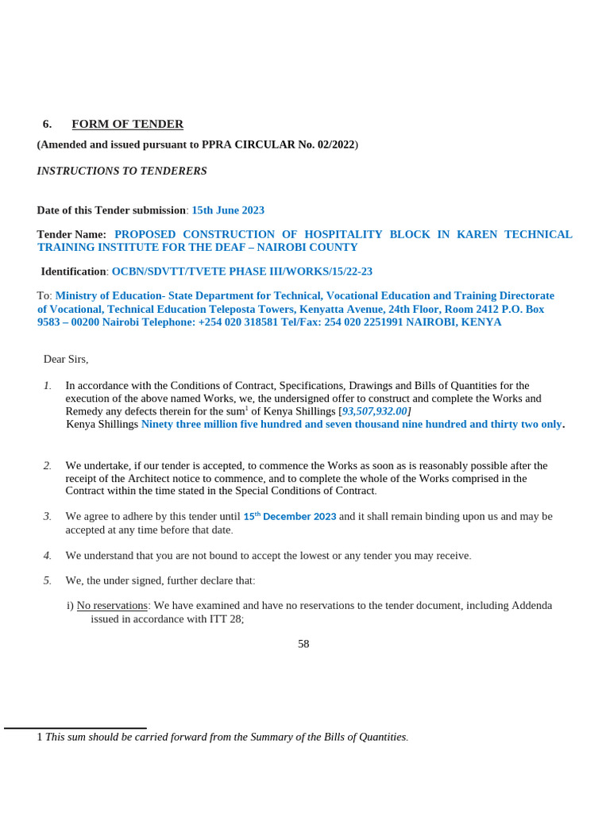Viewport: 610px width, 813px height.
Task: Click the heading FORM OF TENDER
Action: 127,125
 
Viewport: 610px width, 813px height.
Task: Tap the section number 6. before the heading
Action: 47,125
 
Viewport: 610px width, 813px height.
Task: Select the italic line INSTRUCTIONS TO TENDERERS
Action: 122,171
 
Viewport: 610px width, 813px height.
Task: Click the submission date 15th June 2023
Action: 228,210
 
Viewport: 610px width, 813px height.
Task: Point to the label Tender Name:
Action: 71,235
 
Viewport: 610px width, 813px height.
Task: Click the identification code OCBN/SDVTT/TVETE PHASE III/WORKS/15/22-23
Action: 241,272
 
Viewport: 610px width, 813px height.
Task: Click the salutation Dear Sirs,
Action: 66,359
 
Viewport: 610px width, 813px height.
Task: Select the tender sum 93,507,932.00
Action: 374,411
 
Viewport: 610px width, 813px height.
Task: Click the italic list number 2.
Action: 48,465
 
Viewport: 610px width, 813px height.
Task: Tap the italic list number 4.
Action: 48,556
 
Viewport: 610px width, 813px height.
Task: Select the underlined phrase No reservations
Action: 112,605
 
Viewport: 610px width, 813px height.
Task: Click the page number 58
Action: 303,644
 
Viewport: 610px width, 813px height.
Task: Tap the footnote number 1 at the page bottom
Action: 40,737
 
